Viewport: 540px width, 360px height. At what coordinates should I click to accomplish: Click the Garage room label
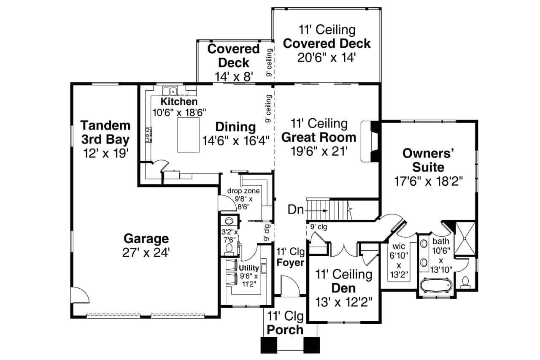pyautogui.click(x=146, y=238)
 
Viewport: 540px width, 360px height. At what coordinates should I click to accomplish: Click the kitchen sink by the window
pyautogui.click(x=170, y=91)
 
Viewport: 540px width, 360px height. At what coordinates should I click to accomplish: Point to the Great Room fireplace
pyautogui.click(x=370, y=141)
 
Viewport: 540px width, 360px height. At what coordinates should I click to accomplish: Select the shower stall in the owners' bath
pyautogui.click(x=464, y=238)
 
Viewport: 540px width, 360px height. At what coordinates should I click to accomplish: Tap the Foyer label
pyautogui.click(x=290, y=263)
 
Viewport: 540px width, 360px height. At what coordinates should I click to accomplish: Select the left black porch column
pyautogui.click(x=268, y=345)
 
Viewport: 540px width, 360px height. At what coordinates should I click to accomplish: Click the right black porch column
pyautogui.click(x=312, y=345)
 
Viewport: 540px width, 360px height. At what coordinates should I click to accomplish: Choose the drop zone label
pyautogui.click(x=243, y=191)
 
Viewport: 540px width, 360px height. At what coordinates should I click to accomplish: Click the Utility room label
pyautogui.click(x=248, y=268)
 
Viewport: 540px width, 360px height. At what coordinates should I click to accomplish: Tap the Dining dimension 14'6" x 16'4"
pyautogui.click(x=235, y=141)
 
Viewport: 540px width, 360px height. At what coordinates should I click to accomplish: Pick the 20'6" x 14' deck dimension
pyautogui.click(x=326, y=57)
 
